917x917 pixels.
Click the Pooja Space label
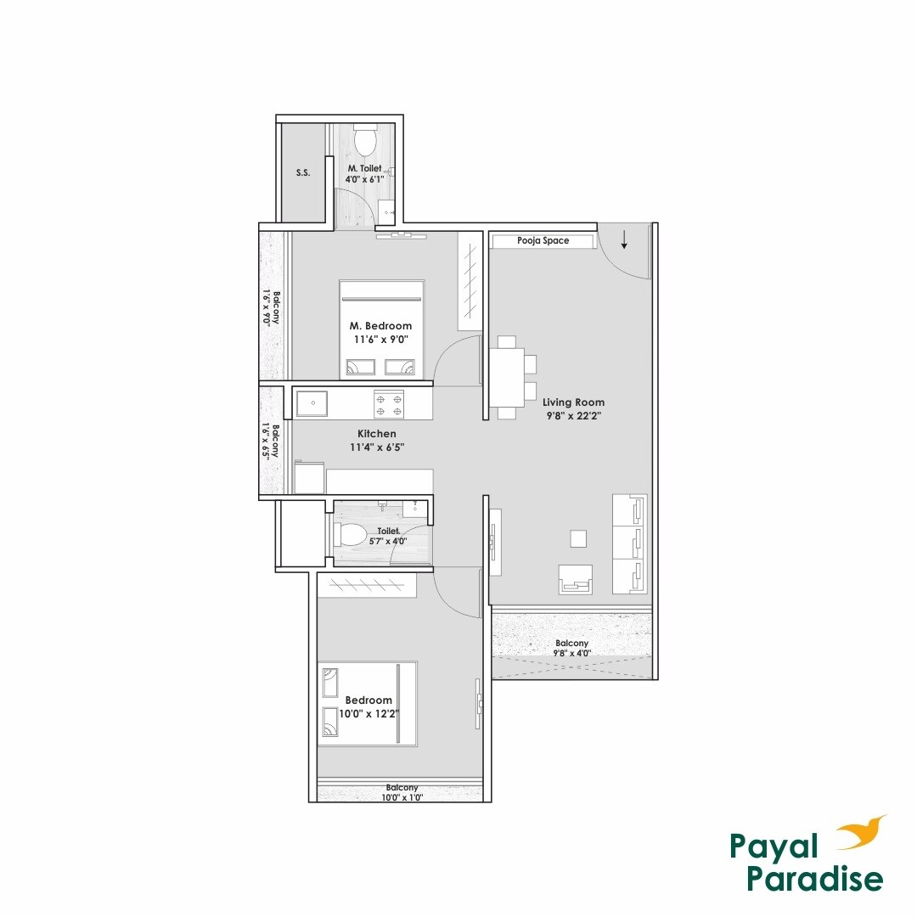tap(543, 241)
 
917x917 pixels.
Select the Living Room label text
tap(573, 402)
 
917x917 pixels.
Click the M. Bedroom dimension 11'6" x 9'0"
tap(380, 340)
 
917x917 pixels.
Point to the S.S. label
tap(303, 173)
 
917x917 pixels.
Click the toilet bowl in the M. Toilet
tap(366, 140)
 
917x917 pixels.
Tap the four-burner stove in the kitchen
tap(389, 403)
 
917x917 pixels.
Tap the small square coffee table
tap(578, 538)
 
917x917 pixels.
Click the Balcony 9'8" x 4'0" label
tap(571, 649)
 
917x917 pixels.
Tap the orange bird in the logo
tap(860, 835)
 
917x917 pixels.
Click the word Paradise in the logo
tap(815, 879)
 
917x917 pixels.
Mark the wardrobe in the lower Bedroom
tap(368, 584)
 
